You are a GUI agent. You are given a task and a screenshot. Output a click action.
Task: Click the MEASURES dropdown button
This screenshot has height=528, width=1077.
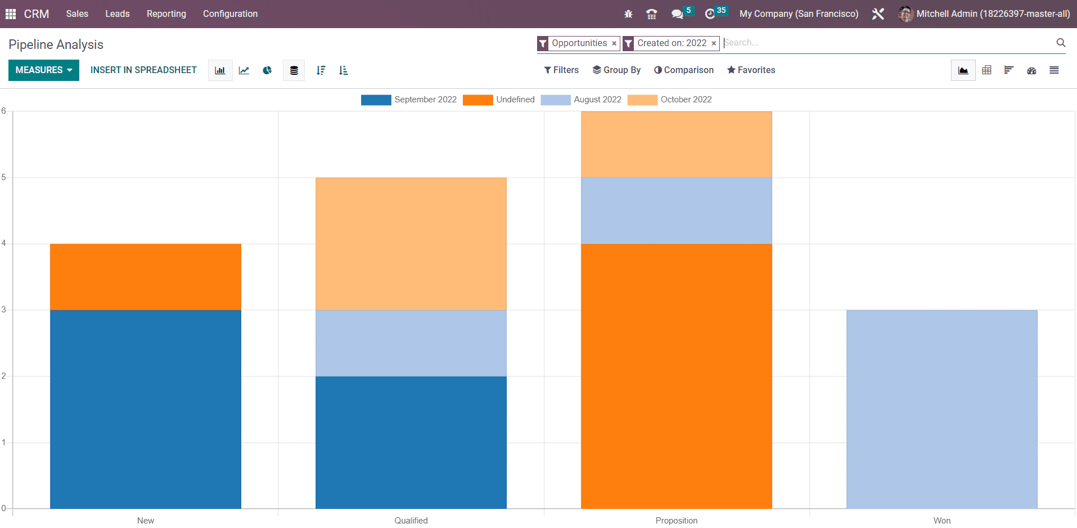[x=43, y=70]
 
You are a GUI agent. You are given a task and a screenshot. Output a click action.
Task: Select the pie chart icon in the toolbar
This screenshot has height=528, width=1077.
[x=267, y=70]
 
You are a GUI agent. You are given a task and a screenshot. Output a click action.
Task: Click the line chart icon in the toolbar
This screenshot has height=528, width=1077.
[x=244, y=70]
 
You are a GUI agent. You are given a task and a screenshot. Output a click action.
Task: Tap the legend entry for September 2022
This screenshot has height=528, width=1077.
[x=409, y=100]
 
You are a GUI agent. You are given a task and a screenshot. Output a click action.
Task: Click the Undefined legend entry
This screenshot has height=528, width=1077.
[x=499, y=100]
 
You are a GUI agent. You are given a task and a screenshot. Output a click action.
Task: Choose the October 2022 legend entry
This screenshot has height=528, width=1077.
[x=670, y=100]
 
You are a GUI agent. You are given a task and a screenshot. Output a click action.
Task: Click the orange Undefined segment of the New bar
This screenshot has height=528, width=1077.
[x=146, y=277]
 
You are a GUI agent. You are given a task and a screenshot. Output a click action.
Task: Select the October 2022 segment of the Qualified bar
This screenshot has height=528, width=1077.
[x=411, y=243]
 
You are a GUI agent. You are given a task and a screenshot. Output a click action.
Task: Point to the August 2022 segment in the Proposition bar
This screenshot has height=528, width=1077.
[x=677, y=210]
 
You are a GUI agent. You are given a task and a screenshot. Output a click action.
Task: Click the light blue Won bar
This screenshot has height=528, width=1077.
[x=942, y=409]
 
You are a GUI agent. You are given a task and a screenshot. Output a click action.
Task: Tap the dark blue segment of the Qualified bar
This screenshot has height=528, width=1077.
[x=411, y=442]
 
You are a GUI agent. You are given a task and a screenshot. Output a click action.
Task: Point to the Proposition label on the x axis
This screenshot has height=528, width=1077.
[x=677, y=521]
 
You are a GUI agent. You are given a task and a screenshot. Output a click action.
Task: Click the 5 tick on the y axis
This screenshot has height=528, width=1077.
[x=4, y=177]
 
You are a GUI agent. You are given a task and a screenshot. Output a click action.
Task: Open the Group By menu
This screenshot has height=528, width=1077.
[x=616, y=70]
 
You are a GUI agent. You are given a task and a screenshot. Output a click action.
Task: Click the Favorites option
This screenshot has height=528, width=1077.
[x=751, y=70]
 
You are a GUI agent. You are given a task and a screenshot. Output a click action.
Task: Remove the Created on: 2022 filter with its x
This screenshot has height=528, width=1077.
[x=714, y=43]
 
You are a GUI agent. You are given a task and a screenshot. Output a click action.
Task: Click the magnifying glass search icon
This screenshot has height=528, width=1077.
[x=1061, y=43]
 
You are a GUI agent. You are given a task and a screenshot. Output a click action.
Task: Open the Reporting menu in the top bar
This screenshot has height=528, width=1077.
[x=166, y=13]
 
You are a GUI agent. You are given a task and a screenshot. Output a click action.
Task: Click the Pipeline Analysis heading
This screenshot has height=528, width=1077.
[x=56, y=44]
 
